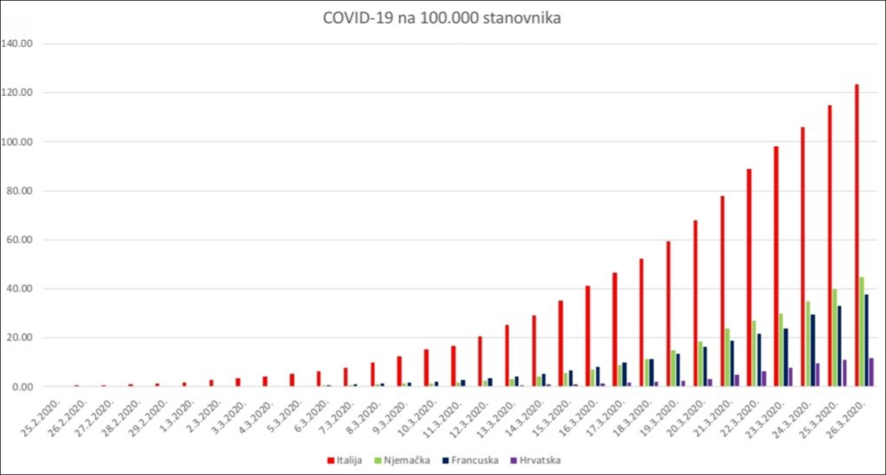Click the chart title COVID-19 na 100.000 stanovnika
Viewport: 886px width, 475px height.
coord(442,18)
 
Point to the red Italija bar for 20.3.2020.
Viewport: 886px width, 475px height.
coord(695,303)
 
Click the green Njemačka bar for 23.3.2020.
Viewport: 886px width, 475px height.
coord(781,350)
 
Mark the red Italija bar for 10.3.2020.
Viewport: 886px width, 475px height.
coord(426,368)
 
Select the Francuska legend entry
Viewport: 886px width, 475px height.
coord(473,460)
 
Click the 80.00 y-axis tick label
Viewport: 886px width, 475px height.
coord(19,191)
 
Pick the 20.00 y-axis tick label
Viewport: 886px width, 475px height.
coord(19,338)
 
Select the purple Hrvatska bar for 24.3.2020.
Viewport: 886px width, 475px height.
coord(817,375)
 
